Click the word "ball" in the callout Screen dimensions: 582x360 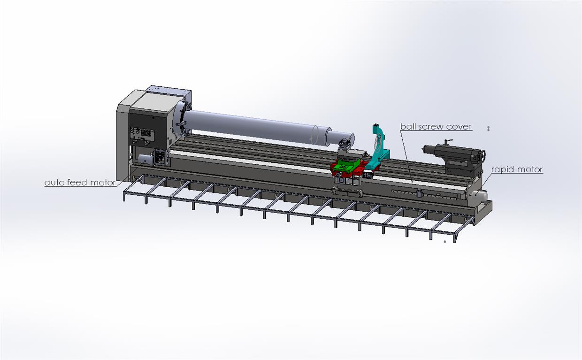point(406,127)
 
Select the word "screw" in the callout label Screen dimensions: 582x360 point(429,127)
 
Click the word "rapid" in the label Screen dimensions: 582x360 point(501,169)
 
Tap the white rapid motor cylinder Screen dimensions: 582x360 point(480,195)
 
